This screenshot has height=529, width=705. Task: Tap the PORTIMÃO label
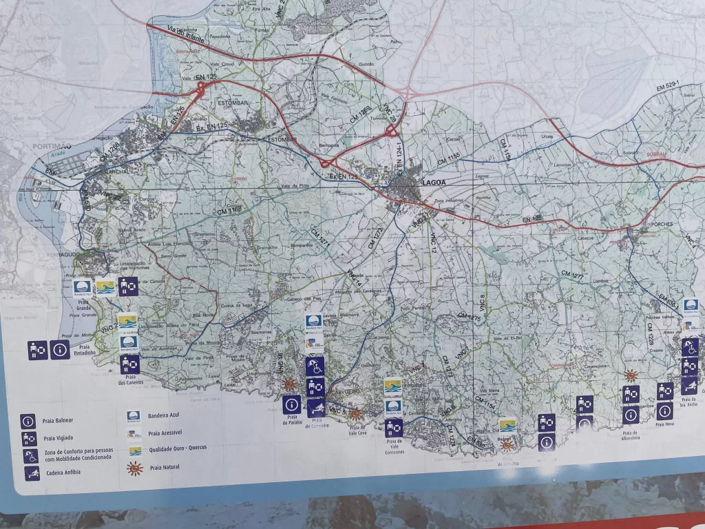coord(52,147)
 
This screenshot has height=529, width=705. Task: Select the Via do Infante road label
coord(187,35)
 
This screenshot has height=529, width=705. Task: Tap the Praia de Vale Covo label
coord(357,432)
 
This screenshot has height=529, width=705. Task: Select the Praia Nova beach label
coord(665,424)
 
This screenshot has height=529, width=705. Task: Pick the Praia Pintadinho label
coord(85,350)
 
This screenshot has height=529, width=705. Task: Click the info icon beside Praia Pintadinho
coord(60,350)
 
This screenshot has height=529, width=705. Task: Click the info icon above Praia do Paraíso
coord(291,404)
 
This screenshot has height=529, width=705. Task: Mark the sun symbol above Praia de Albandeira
coord(630,375)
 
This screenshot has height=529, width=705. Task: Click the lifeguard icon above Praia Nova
coord(664,391)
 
